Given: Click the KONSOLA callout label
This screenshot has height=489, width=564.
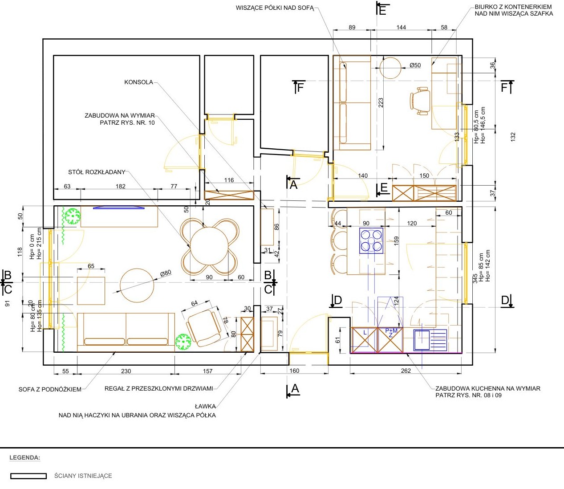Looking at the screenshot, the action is [x=138, y=82].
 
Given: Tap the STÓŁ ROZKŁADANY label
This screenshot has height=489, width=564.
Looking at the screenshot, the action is [x=97, y=172].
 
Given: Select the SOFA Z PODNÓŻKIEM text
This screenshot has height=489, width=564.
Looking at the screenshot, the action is [x=50, y=389].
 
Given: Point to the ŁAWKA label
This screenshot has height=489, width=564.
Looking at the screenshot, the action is [x=206, y=406].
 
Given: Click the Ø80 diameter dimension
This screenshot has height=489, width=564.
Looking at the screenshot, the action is [x=166, y=273].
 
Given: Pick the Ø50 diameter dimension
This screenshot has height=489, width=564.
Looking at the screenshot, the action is [x=415, y=65].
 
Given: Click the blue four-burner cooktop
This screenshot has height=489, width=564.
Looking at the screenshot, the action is [x=371, y=241].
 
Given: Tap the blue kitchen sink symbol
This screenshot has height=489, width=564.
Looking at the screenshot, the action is [x=430, y=340].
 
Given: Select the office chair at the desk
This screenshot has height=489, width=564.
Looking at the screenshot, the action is [x=420, y=101].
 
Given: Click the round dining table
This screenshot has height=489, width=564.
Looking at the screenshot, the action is [x=209, y=246].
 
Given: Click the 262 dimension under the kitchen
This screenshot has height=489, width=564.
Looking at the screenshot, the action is [x=406, y=371].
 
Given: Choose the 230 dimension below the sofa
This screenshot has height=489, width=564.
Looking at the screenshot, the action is [x=126, y=371].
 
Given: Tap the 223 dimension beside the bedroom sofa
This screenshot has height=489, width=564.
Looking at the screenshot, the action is [x=381, y=103].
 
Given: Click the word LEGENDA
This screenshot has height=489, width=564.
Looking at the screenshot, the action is [x=25, y=457].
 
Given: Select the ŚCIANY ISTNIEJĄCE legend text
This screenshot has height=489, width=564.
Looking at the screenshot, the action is [x=83, y=476].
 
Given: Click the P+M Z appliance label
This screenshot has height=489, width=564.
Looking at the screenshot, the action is [x=391, y=333].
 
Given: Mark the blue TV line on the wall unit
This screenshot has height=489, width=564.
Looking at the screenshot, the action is [x=119, y=208].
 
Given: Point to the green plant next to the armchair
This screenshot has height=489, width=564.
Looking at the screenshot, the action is [x=183, y=342].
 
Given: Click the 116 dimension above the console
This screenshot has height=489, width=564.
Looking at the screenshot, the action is [x=229, y=180].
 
